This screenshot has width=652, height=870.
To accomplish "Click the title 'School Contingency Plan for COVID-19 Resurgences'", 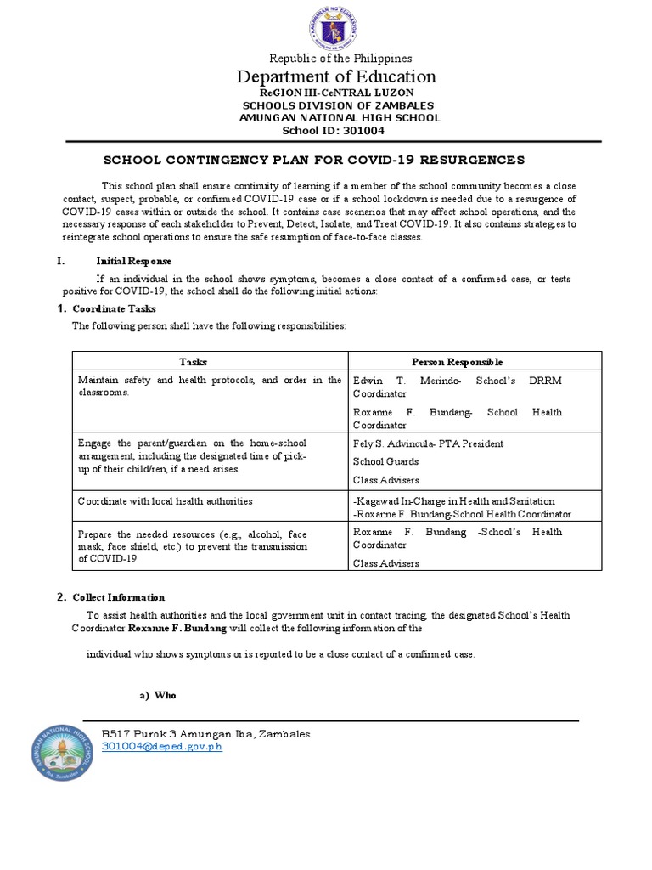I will tap(326, 160).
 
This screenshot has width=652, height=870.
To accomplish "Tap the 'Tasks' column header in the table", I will tap(199, 361).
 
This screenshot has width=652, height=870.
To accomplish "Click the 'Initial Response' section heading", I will tap(133, 262).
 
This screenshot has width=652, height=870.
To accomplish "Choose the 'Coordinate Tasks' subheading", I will tap(115, 308).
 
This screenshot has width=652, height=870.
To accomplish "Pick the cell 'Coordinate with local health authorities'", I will tap(166, 501).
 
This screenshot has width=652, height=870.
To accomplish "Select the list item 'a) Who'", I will tap(157, 695).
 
